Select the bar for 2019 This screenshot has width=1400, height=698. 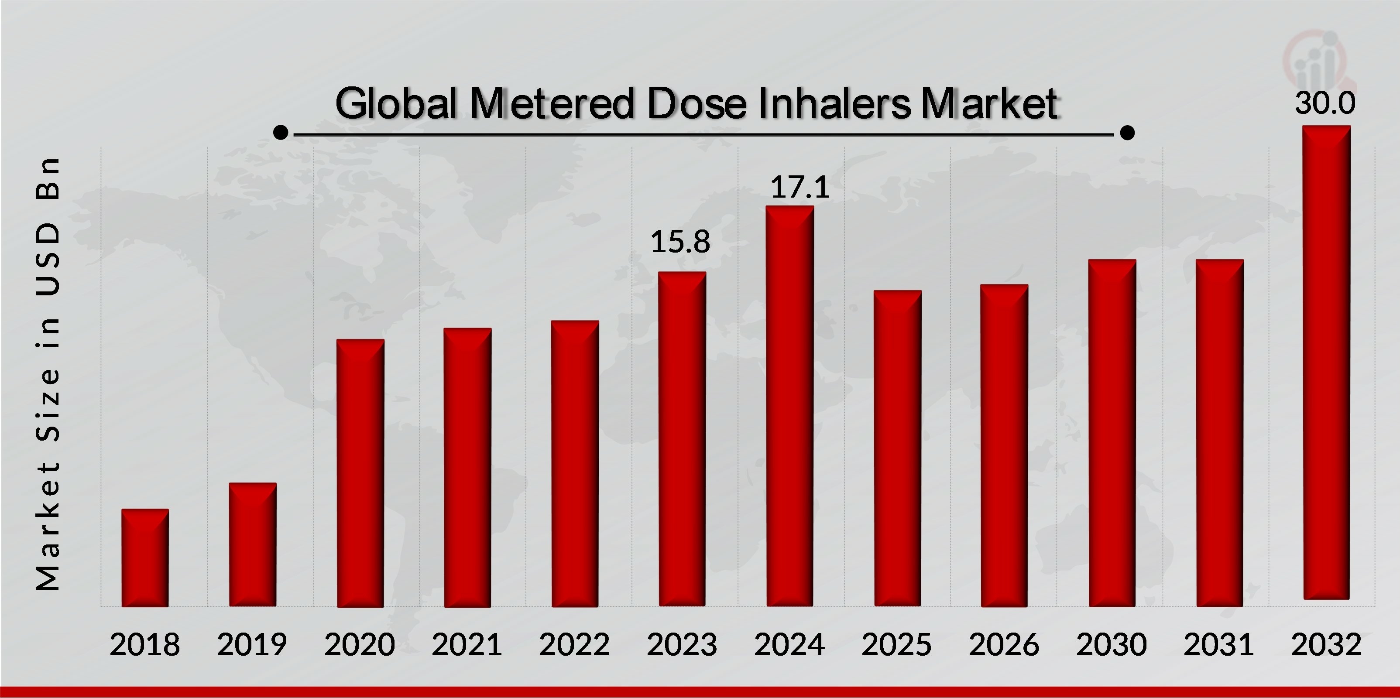(x=252, y=544)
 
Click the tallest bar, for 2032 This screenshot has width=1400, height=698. (x=1326, y=363)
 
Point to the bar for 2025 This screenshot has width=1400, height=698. (x=897, y=448)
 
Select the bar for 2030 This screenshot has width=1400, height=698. (x=1112, y=433)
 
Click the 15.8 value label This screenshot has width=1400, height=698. (x=680, y=242)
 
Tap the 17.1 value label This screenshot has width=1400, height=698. (x=800, y=187)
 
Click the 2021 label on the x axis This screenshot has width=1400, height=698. (x=467, y=645)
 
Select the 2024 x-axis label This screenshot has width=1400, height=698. (x=789, y=645)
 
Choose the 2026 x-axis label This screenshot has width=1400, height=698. (x=1004, y=645)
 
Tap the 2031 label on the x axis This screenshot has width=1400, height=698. (x=1218, y=645)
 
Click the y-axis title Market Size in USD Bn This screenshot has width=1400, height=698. (x=48, y=374)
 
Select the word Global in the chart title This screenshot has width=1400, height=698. (x=396, y=103)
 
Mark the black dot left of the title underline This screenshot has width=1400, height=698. (x=281, y=133)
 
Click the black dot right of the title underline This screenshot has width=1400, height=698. (x=1128, y=133)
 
